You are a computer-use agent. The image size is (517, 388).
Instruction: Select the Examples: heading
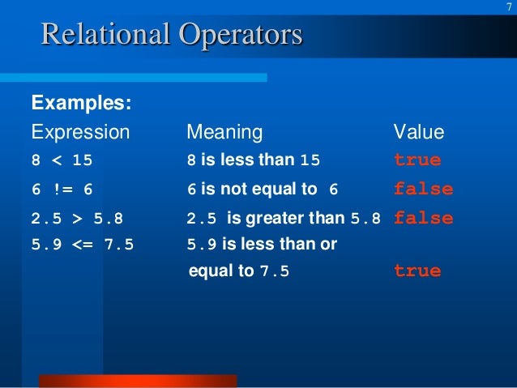(x=82, y=104)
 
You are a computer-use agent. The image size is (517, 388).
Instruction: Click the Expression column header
(x=79, y=132)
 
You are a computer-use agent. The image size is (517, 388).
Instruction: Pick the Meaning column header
(x=224, y=132)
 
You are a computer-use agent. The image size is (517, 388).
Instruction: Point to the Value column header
(x=418, y=132)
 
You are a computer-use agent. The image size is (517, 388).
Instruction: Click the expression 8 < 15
(x=62, y=160)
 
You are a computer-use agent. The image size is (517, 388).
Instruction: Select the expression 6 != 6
(x=62, y=190)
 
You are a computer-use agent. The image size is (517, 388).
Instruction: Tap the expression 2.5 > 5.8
(x=77, y=219)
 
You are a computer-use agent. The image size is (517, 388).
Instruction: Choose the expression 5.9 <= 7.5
(x=82, y=244)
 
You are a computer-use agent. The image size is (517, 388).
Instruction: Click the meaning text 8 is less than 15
(x=254, y=160)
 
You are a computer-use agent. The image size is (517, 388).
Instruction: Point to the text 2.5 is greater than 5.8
(x=283, y=219)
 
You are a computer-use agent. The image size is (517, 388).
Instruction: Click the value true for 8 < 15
(x=417, y=160)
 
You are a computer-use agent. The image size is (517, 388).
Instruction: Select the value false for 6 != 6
(x=423, y=190)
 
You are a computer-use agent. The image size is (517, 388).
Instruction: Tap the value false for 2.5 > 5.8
(x=423, y=219)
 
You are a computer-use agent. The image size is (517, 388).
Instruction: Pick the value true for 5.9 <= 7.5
(x=417, y=271)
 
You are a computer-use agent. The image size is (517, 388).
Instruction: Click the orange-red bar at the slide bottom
(x=138, y=381)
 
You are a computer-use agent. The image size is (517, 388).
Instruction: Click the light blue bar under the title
(x=133, y=77)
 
